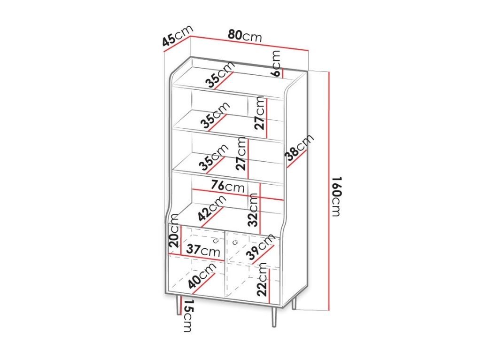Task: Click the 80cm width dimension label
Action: (x=245, y=36)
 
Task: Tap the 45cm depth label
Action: (x=178, y=35)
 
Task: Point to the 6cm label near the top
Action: (x=276, y=63)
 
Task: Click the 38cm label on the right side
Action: (x=299, y=147)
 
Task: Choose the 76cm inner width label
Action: (x=228, y=186)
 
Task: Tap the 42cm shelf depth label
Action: (x=212, y=208)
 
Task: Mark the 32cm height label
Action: (x=253, y=210)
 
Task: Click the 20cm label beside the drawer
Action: (x=174, y=231)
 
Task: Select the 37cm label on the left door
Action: (x=203, y=250)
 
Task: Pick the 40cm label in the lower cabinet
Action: (x=202, y=276)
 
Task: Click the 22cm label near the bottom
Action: (x=262, y=279)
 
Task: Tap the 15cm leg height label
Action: (x=187, y=315)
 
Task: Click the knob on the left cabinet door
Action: (x=215, y=241)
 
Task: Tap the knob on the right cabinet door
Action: (x=235, y=242)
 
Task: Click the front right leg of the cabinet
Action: (x=274, y=316)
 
